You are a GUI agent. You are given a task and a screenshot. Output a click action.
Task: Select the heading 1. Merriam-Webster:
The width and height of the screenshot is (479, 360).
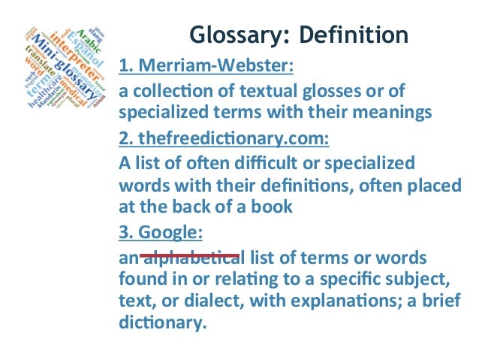[x=205, y=70]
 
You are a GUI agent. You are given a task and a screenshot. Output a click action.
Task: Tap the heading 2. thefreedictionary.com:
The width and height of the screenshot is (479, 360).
[x=225, y=140]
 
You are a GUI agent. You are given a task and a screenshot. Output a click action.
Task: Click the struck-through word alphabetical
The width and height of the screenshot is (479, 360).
[x=190, y=259]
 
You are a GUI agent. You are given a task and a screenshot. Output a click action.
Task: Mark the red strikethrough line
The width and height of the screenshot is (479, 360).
[x=190, y=256]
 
